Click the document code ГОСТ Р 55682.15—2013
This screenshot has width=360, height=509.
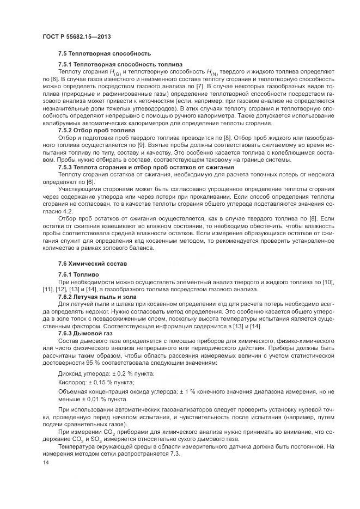[x=77, y=36]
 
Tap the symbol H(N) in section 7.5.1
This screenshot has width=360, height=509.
[x=211, y=72]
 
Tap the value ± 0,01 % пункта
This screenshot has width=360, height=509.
[x=96, y=400]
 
